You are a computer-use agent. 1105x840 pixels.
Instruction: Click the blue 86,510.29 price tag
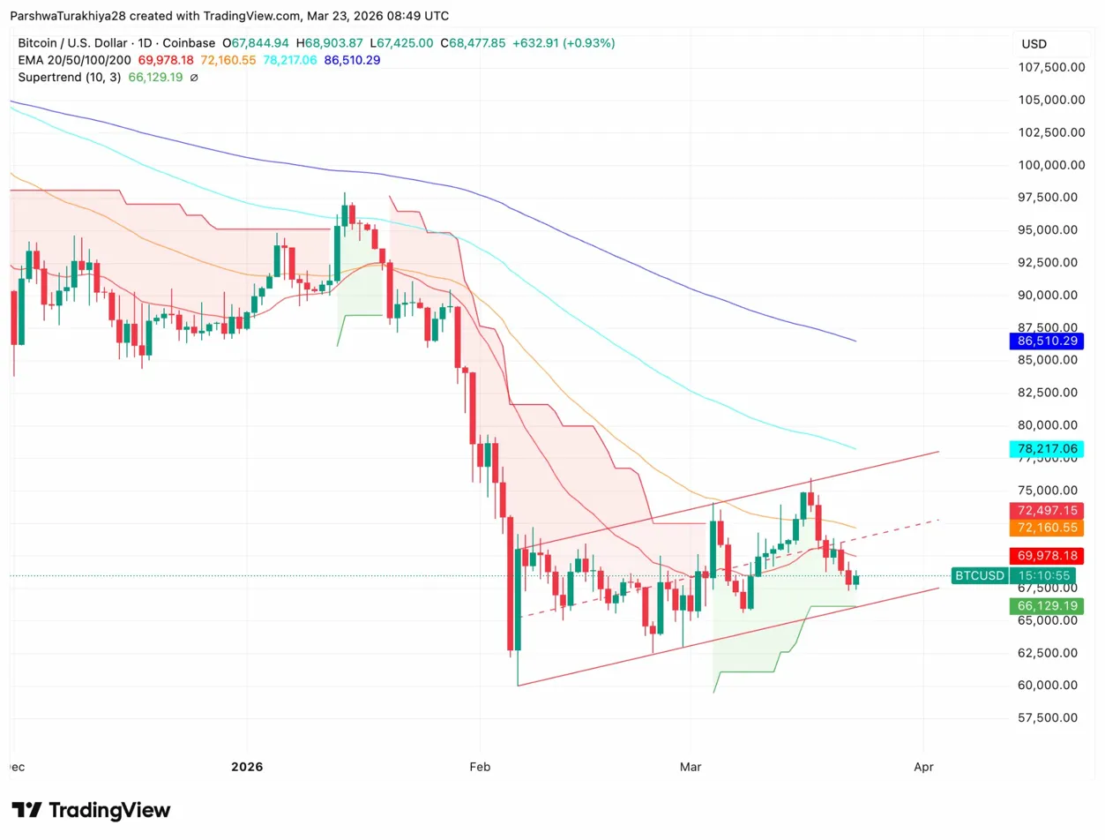[1045, 341]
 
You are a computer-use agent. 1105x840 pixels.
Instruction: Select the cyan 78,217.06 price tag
[1045, 449]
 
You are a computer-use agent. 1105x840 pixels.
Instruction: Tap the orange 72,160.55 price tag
[1045, 528]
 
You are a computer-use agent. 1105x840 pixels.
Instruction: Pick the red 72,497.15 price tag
[1045, 511]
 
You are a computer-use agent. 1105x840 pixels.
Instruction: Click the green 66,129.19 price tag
[1045, 606]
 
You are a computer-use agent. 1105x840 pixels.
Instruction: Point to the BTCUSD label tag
[979, 576]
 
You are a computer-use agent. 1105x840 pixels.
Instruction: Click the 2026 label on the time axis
[248, 767]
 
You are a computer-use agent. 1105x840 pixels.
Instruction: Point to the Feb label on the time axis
[480, 767]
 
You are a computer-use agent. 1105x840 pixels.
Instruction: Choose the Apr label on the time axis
[923, 767]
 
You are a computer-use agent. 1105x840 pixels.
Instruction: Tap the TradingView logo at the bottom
[91, 810]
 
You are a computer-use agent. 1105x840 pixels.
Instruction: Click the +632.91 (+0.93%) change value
[564, 42]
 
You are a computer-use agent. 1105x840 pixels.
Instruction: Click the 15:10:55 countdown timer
[1045, 576]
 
